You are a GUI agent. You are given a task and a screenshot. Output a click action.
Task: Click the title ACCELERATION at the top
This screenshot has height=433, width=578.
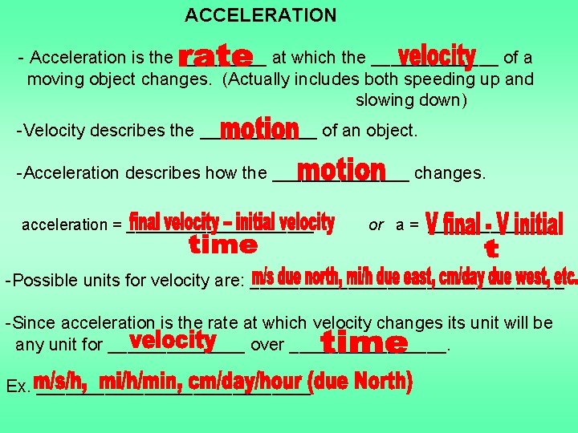click(260, 15)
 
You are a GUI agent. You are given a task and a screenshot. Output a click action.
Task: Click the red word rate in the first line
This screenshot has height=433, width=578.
click(215, 57)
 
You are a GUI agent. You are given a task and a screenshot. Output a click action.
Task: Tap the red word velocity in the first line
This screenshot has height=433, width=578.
click(437, 56)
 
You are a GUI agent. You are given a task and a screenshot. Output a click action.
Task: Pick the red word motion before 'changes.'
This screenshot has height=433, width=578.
click(341, 171)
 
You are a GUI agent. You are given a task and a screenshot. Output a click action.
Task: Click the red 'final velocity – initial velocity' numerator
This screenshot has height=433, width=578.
click(232, 221)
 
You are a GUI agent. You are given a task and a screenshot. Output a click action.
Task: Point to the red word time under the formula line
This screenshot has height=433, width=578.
click(222, 245)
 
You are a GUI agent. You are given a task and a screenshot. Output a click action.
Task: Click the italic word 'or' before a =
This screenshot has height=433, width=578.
click(376, 225)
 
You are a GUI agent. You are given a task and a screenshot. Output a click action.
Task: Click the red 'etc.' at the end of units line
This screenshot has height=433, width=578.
click(564, 277)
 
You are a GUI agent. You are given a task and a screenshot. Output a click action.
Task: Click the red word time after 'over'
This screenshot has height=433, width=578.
click(364, 344)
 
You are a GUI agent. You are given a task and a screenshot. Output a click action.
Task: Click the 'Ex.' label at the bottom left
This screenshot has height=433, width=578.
click(17, 387)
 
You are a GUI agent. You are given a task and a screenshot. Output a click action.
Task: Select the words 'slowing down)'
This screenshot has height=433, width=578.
click(411, 100)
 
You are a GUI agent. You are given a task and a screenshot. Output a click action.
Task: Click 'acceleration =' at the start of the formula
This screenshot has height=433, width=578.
click(71, 225)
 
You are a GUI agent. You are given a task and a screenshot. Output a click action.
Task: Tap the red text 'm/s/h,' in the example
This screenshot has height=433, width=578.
click(65, 382)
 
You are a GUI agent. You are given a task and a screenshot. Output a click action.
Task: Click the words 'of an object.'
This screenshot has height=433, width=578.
click(369, 130)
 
